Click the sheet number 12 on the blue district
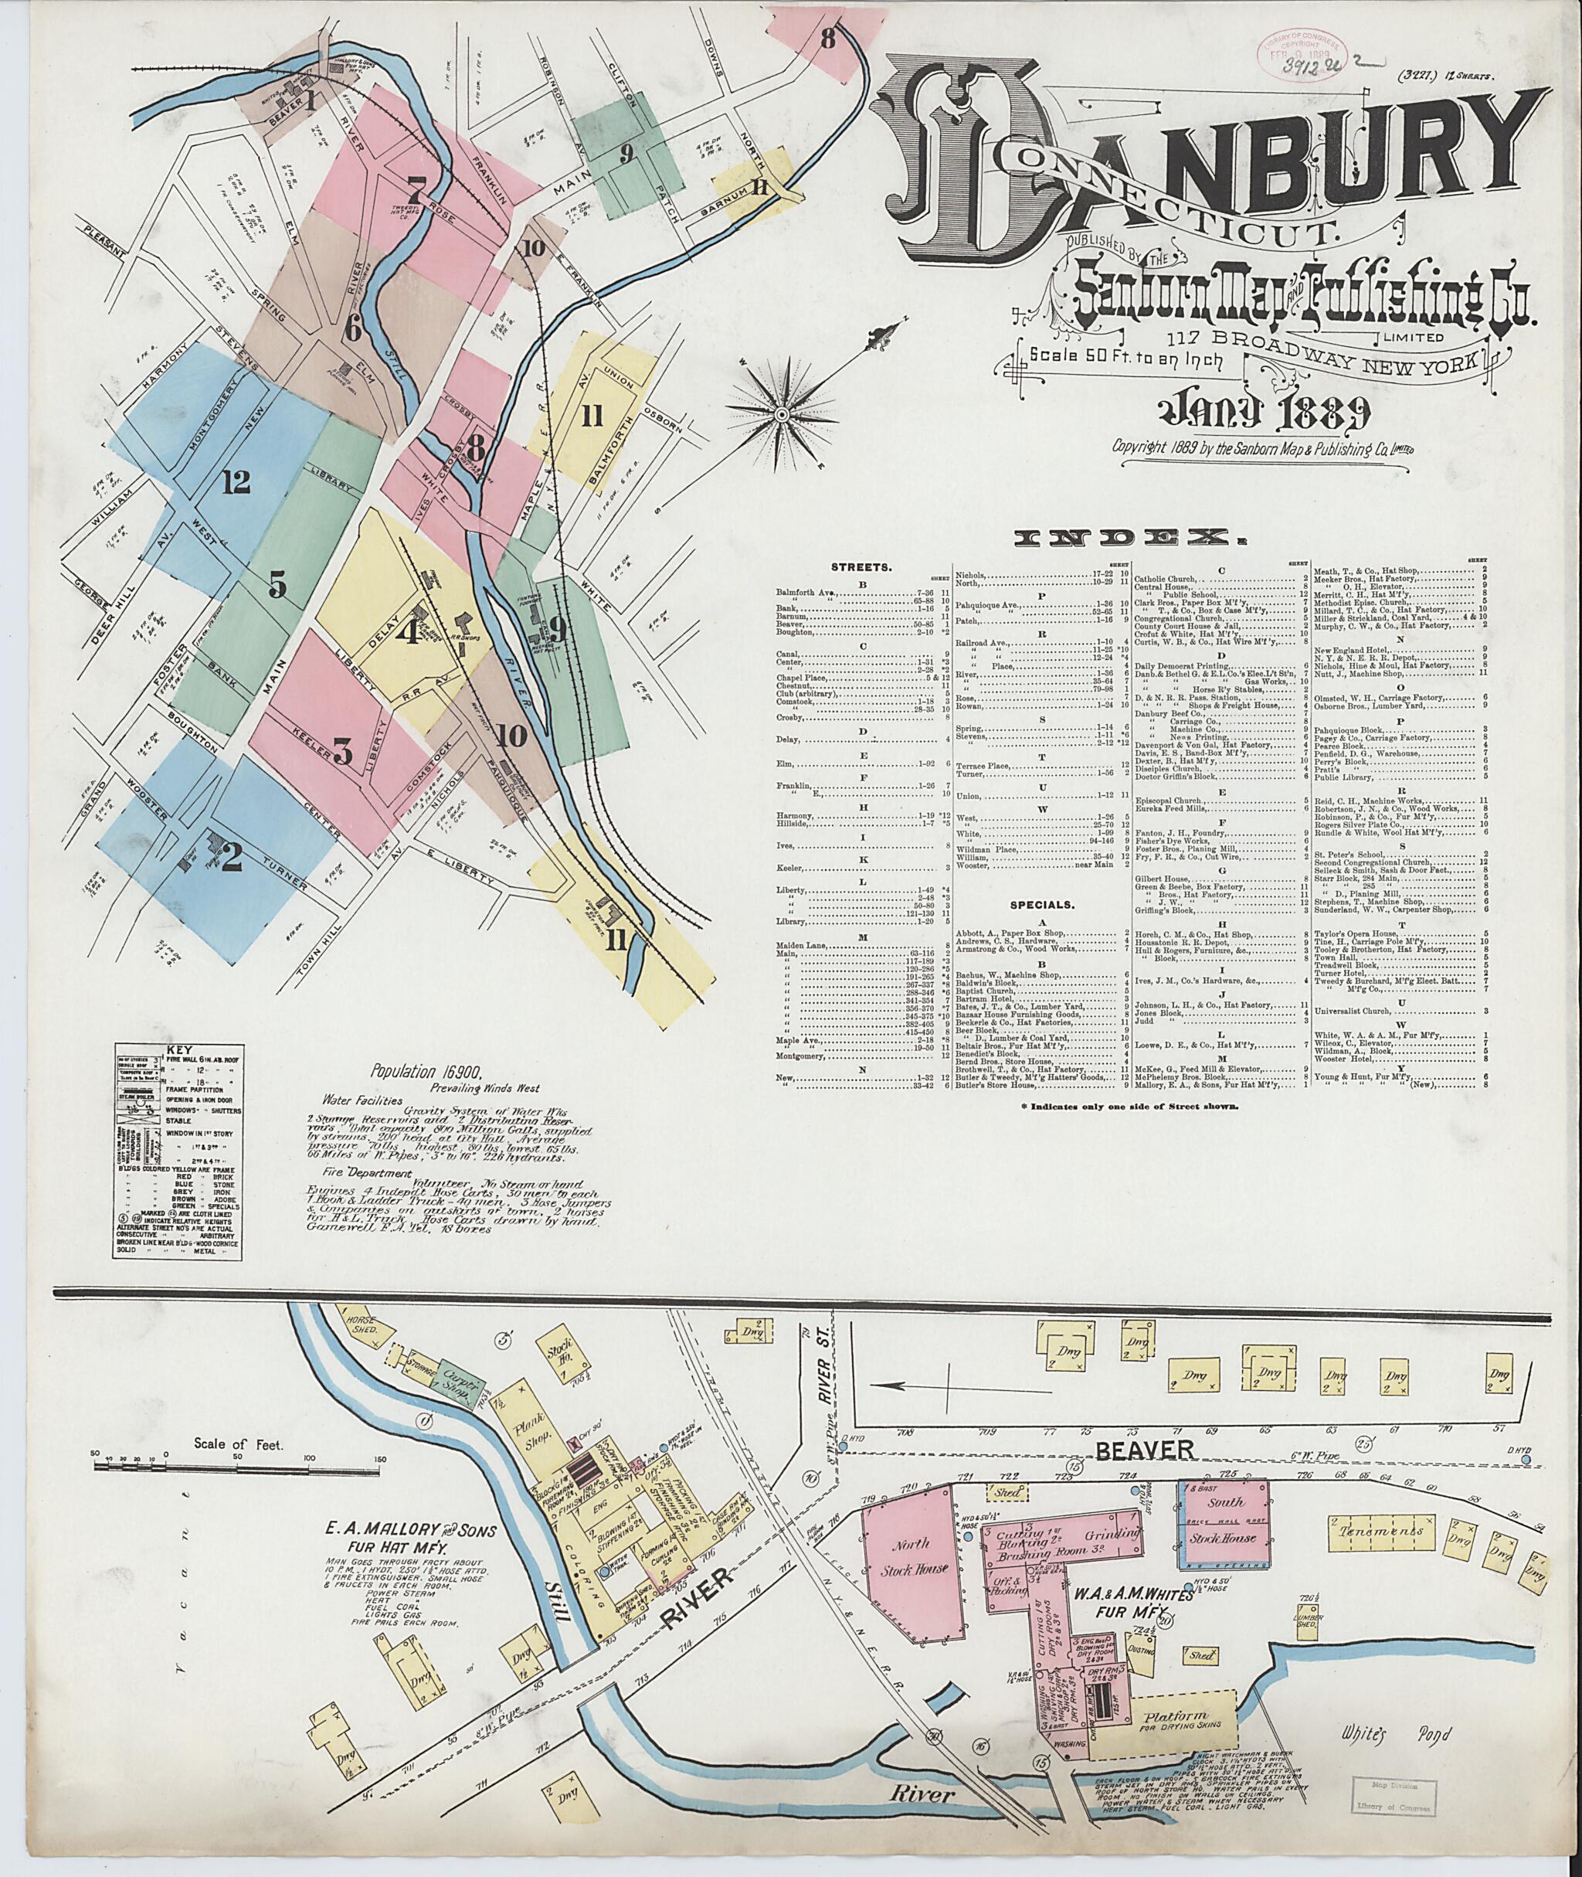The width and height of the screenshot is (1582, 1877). pyautogui.click(x=236, y=482)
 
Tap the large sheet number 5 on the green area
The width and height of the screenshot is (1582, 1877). pyautogui.click(x=277, y=586)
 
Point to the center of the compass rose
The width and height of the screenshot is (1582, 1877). pyautogui.click(x=781, y=414)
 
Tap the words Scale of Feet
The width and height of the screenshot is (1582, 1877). pyautogui.click(x=238, y=1444)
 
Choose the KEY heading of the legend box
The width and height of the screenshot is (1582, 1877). pyautogui.click(x=180, y=1048)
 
